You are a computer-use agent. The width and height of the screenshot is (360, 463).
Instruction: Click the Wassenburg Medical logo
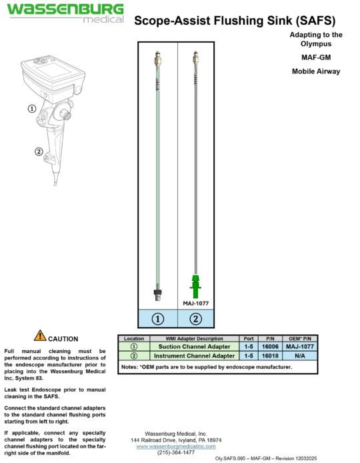65,13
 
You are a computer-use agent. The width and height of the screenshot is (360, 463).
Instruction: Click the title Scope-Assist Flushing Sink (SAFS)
235,21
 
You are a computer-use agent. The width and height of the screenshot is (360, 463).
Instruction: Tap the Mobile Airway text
316,71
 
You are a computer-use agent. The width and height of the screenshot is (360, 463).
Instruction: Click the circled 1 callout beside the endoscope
31,108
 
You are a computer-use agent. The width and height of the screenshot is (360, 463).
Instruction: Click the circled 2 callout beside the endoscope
39,151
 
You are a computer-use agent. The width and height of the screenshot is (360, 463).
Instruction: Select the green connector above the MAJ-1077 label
195,286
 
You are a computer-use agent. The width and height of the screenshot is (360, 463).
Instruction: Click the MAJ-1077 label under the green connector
196,303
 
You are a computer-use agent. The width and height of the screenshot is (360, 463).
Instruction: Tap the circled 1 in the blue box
158,319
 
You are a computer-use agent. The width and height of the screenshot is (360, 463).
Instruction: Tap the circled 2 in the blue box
196,319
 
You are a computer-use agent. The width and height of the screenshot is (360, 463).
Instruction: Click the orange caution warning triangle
40,336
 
